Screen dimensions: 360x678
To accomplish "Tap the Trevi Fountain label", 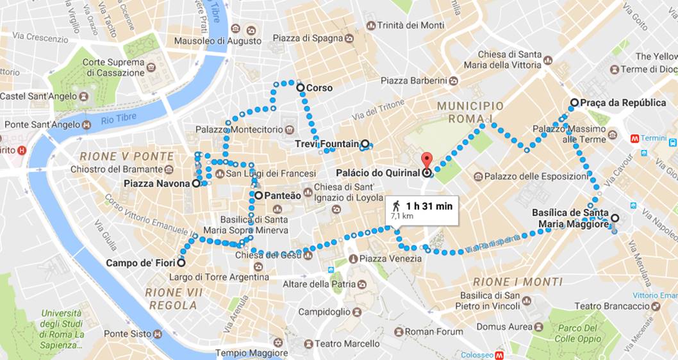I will pyautogui.click(x=327, y=144).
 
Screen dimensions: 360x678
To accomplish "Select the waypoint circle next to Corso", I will pyautogui.click(x=300, y=88).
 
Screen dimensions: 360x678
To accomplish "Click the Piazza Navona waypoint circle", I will pyautogui.click(x=196, y=183).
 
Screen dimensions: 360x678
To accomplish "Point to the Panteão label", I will pyautogui.click(x=280, y=195).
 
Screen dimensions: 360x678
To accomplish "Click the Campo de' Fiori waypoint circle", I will pyautogui.click(x=181, y=263).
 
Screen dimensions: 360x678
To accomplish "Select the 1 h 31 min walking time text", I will pyautogui.click(x=429, y=206).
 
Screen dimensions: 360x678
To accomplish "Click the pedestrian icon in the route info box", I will pyautogui.click(x=397, y=206).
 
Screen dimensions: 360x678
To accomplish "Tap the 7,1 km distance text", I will pyautogui.click(x=402, y=217).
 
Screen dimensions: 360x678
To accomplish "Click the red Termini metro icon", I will pyautogui.click(x=635, y=138).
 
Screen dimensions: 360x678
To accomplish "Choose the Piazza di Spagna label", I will pyautogui.click(x=308, y=38).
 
